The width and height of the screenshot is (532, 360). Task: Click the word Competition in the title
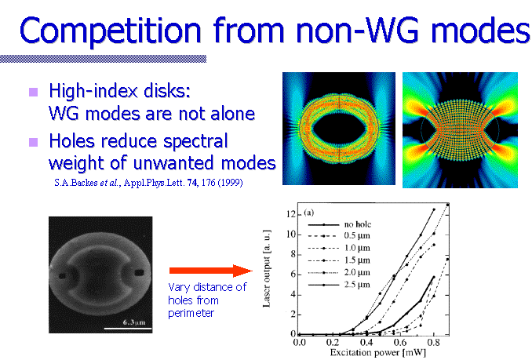pyautogui.click(x=111, y=31)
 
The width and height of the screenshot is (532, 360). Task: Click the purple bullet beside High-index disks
pyautogui.click(x=33, y=92)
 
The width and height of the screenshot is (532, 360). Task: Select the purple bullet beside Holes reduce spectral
pyautogui.click(x=33, y=142)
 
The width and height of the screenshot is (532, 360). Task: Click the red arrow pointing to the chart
pyautogui.click(x=211, y=271)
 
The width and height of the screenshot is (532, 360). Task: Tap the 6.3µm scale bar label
pyautogui.click(x=134, y=322)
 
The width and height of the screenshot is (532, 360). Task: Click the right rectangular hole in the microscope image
pyautogui.click(x=140, y=272)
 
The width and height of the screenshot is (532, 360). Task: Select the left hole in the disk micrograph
pyautogui.click(x=62, y=276)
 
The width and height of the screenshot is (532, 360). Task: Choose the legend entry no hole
pyautogui.click(x=358, y=224)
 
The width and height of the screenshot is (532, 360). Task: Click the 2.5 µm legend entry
pyautogui.click(x=357, y=285)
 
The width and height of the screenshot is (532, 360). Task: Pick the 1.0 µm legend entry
pyautogui.click(x=357, y=248)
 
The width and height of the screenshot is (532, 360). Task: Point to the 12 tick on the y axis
pyautogui.click(x=291, y=214)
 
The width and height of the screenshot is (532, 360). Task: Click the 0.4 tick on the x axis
pyautogui.click(x=366, y=343)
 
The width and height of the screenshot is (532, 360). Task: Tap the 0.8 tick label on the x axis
pyautogui.click(x=433, y=343)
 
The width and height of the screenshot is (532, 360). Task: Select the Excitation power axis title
pyautogui.click(x=377, y=352)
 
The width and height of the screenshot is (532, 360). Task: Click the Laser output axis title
pyautogui.click(x=267, y=269)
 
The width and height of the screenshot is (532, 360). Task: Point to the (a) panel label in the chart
pyautogui.click(x=309, y=213)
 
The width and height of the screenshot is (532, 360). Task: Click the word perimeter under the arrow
pyautogui.click(x=191, y=313)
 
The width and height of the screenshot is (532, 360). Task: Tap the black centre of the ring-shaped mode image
pyautogui.click(x=339, y=129)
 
